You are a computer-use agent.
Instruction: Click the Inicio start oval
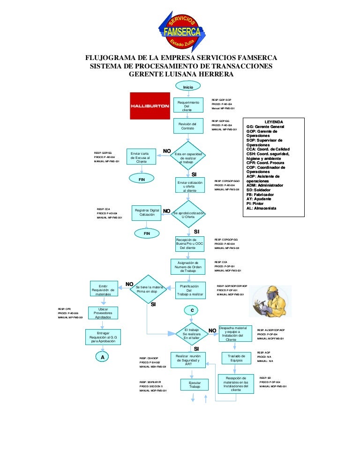(188, 87)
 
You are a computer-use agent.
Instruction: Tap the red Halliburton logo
(150, 105)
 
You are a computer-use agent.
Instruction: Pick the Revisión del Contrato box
(188, 126)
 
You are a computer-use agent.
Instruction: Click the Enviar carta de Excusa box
(140, 158)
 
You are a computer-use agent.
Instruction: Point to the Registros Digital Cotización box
(147, 213)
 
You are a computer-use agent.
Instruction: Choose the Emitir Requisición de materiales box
(103, 289)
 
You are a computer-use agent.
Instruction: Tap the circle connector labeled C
(192, 310)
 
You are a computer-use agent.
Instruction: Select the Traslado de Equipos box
(236, 358)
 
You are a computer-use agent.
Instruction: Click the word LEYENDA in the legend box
(274, 122)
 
